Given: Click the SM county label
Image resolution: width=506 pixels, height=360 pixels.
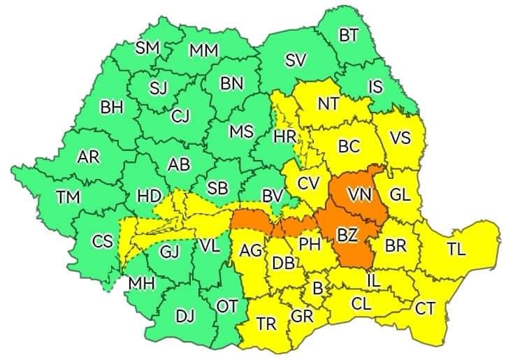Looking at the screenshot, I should [147, 48].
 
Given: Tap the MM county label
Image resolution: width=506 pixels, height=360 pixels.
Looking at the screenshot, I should [203, 50].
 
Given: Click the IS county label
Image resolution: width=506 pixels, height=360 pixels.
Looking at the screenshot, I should [375, 87].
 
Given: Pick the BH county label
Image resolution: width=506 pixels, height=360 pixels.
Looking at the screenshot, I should [111, 107].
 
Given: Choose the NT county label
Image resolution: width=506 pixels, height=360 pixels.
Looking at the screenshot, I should [328, 103].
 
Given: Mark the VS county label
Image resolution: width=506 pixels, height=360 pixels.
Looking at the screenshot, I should [400, 138].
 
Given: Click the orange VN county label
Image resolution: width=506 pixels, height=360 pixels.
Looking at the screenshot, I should [361, 193].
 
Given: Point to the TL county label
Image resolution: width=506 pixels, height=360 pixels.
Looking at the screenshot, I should [456, 250].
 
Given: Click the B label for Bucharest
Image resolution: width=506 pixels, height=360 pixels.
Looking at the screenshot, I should [317, 287].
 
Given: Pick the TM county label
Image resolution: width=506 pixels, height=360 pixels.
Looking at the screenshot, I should [68, 198].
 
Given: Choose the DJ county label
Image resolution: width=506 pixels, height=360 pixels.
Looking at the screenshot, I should [185, 317].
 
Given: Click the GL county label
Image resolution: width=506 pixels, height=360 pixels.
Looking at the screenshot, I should [400, 196].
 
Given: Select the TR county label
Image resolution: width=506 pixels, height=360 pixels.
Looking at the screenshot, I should [266, 324].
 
